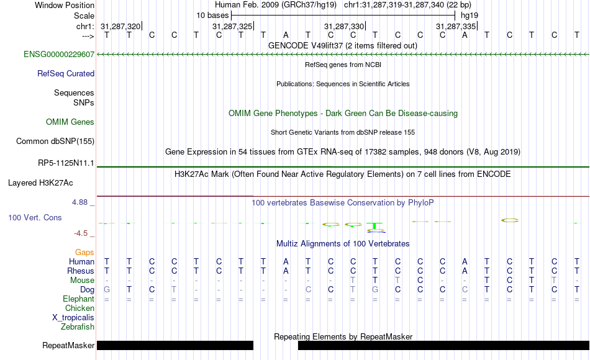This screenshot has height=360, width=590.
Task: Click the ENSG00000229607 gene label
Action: (58, 54)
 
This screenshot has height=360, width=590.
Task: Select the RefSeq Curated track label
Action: (66, 73)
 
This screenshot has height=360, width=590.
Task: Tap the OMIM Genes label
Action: (70, 122)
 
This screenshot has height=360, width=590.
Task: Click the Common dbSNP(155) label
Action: (55, 141)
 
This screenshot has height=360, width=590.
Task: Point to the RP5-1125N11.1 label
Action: (66, 163)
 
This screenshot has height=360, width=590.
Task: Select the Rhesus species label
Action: (81, 271)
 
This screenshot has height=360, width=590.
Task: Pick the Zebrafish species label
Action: (78, 326)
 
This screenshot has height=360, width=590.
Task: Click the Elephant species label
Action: (78, 299)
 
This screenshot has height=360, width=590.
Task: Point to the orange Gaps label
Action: (84, 253)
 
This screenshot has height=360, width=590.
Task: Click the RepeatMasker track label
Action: (68, 345)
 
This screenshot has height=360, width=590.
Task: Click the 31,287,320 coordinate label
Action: (120, 26)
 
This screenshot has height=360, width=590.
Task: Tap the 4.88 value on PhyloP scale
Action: (81, 202)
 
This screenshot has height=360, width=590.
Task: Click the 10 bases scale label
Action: (212, 15)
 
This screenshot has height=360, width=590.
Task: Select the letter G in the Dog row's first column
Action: (107, 289)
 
